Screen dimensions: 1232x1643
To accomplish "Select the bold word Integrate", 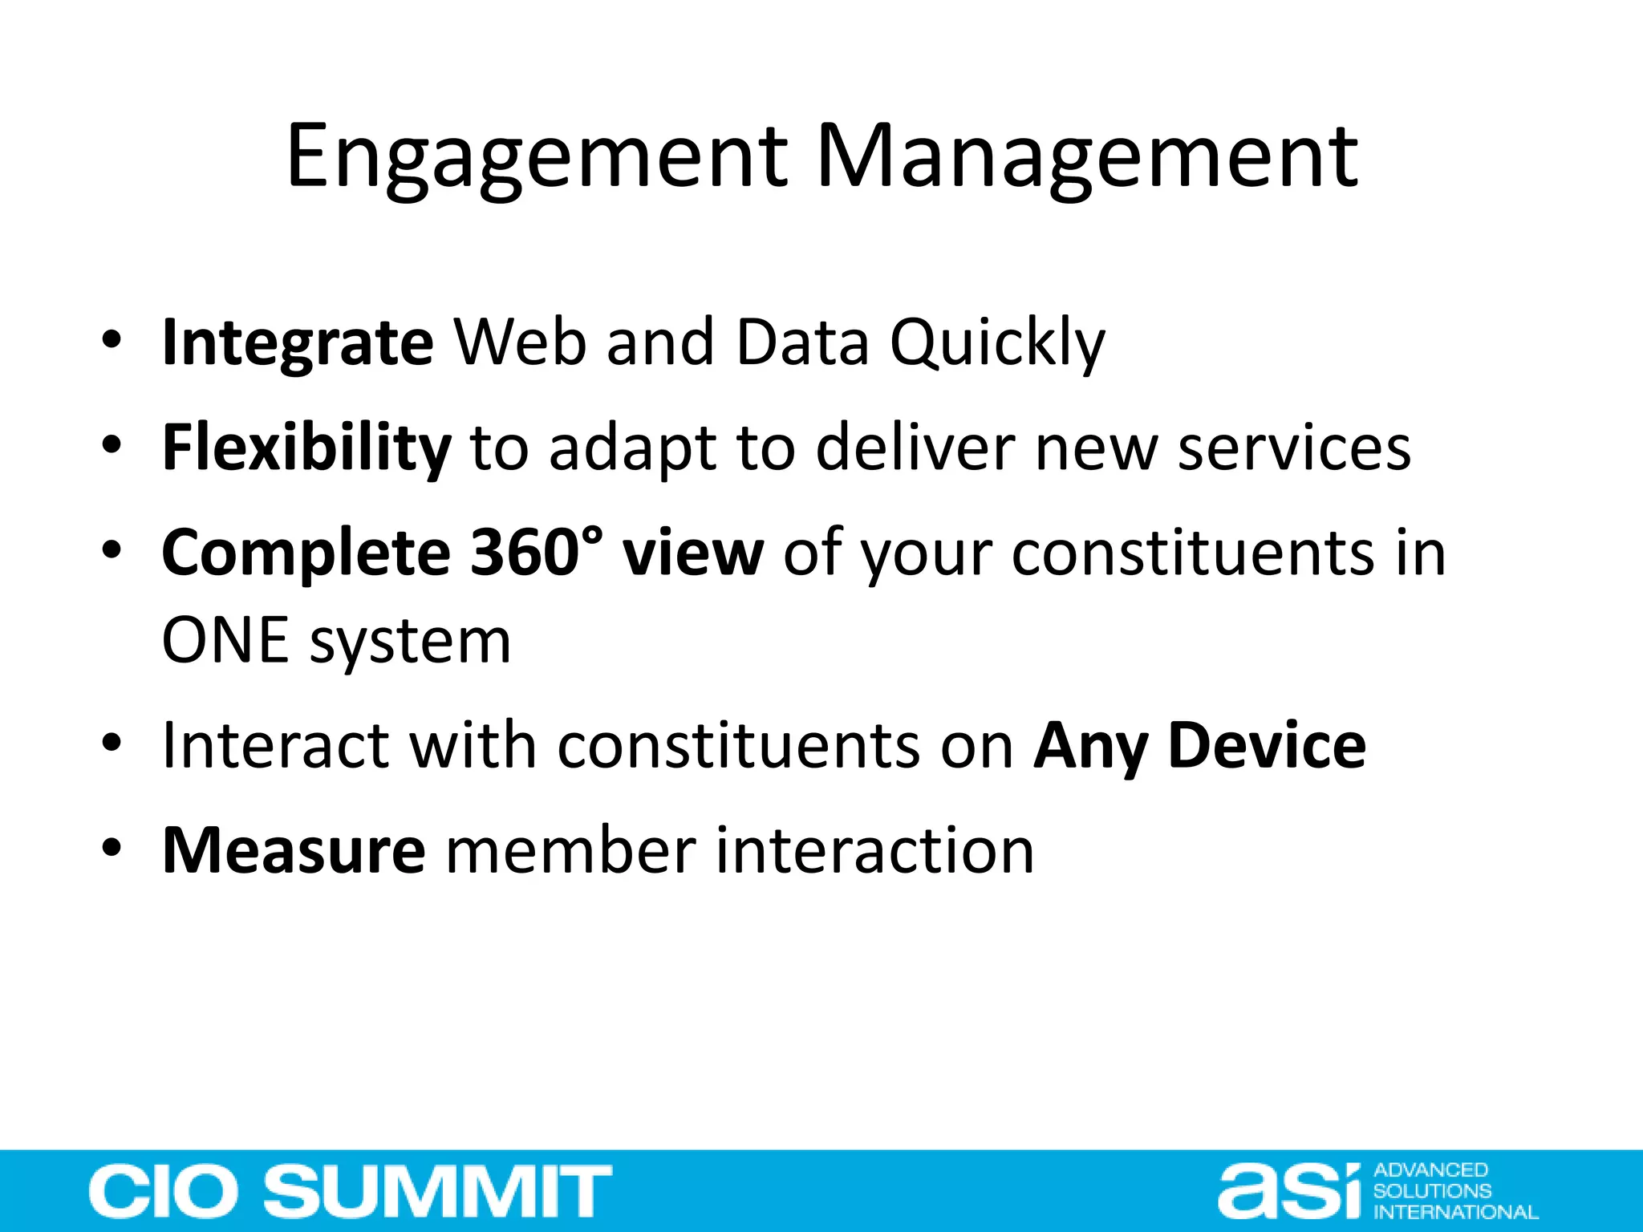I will point(298,343).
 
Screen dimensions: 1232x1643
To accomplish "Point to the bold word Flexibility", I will point(306,448).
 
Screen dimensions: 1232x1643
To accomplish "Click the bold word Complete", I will point(306,553).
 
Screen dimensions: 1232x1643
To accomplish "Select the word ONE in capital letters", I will point(225,641).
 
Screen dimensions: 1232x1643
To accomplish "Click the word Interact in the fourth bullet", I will point(275,746).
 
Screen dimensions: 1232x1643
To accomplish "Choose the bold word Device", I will point(1267,746).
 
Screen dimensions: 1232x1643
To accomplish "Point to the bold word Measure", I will point(294,850).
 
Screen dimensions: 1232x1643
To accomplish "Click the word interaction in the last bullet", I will point(874,850).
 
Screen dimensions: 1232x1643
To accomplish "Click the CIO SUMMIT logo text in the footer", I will point(351,1191).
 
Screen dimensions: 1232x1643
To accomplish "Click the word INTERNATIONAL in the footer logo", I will point(1455,1212).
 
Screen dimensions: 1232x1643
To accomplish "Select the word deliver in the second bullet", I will point(915,448).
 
